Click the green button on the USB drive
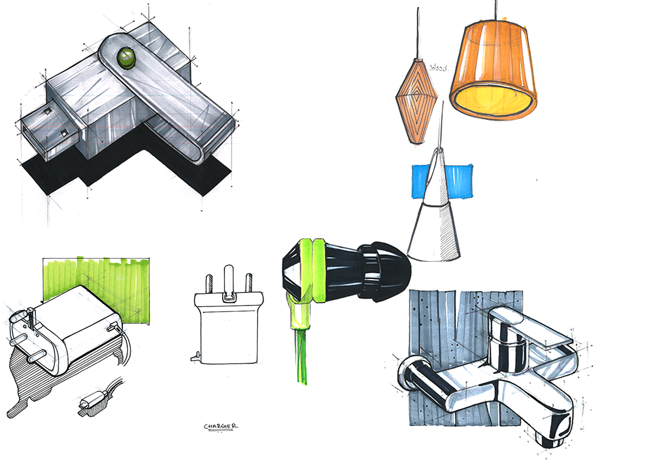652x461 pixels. (x=126, y=56)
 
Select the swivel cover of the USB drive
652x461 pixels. (x=168, y=98)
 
